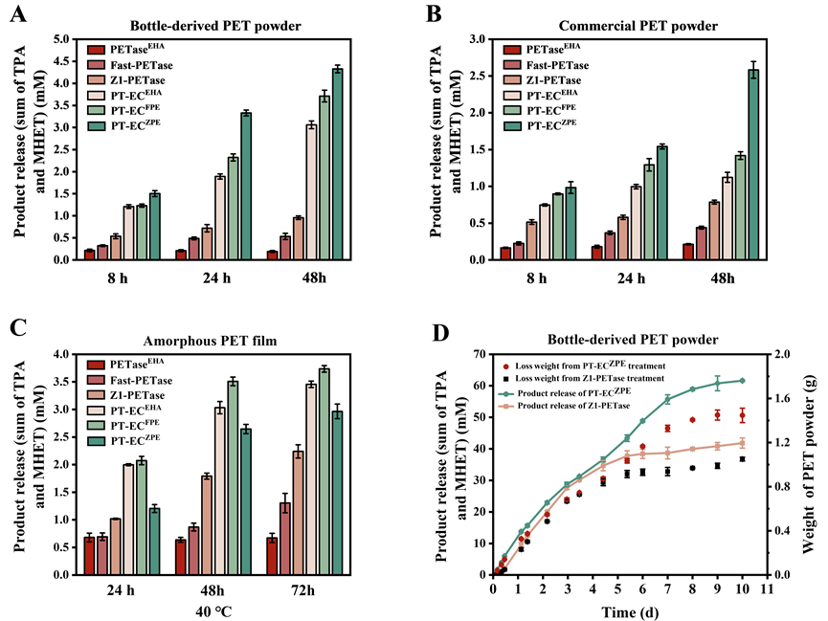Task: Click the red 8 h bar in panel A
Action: click(89, 255)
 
